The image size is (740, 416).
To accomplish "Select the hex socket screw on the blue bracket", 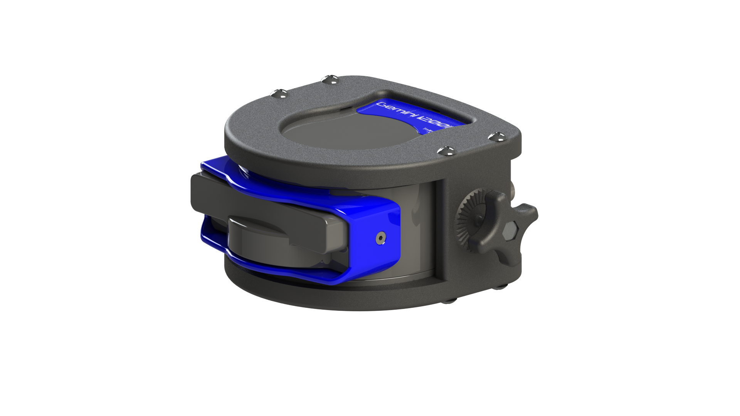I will (x=381, y=239).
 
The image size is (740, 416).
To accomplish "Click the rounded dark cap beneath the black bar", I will (x=270, y=243).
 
